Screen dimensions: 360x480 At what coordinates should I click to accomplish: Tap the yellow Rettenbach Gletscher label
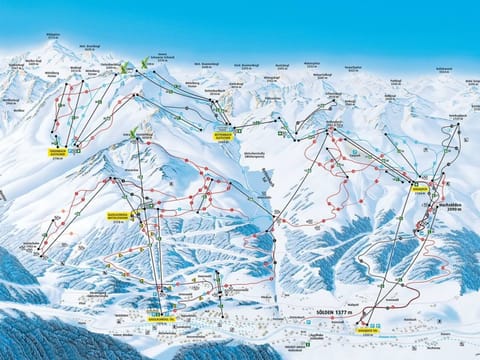pyautogui.click(x=223, y=133)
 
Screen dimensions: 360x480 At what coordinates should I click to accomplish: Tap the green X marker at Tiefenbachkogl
pyautogui.click(x=123, y=70)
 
